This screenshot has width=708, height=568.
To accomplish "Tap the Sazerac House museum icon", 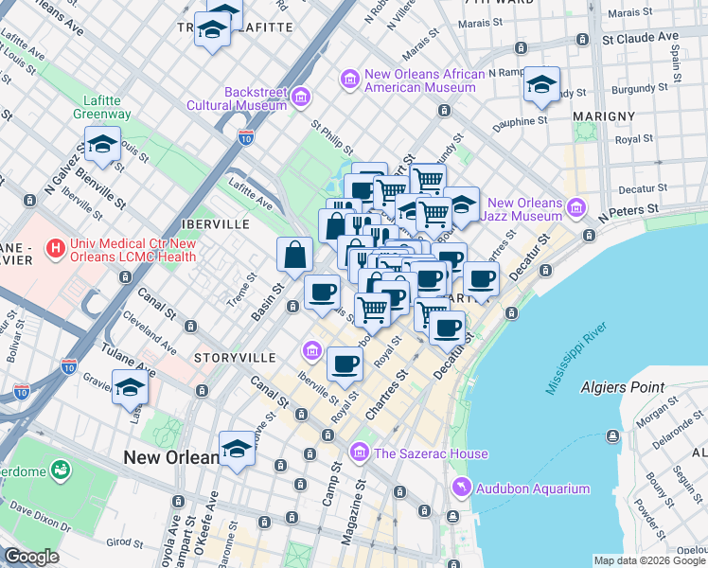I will pyautogui.click(x=359, y=453).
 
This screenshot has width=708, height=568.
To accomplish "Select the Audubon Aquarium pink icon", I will pyautogui.click(x=461, y=488).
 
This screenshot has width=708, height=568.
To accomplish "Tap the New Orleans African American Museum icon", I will pyautogui.click(x=350, y=80).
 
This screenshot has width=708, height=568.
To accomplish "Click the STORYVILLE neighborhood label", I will pyautogui.click(x=234, y=358).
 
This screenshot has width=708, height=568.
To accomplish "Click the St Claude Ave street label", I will pyautogui.click(x=642, y=38).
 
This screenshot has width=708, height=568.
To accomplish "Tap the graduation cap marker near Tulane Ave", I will pyautogui.click(x=131, y=388).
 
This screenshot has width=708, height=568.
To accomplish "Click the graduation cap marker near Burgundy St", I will pyautogui.click(x=541, y=85).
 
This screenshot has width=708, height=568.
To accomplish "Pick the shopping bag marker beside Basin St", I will pyautogui.click(x=294, y=255).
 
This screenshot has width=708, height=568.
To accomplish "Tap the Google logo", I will pyautogui.click(x=31, y=557).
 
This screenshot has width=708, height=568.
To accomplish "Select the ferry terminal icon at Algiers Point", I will pyautogui.click(x=614, y=435).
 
